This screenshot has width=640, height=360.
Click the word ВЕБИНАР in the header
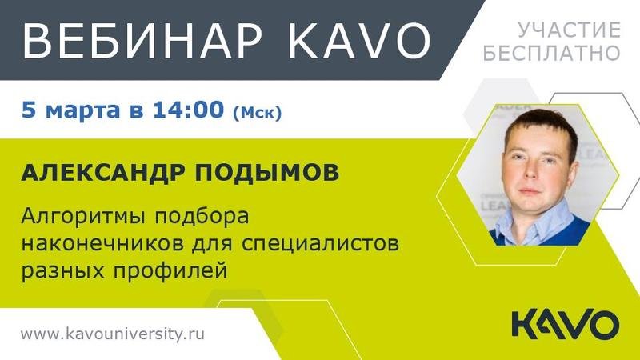[142, 40]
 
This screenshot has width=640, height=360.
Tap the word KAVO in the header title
[359, 40]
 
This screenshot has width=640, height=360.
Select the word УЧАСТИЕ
[570, 30]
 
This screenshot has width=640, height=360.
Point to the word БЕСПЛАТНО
[552, 53]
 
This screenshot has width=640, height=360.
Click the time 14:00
[189, 109]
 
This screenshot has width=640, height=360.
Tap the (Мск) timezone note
[257, 112]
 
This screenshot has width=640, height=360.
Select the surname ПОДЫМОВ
[266, 172]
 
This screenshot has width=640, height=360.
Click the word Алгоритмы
[83, 217]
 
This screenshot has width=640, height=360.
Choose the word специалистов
[320, 244]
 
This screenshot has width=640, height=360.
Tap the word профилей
[170, 270]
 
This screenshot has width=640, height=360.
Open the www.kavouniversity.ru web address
[113, 334]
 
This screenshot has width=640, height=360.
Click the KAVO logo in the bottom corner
[566, 325]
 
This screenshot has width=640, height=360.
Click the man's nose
[530, 170]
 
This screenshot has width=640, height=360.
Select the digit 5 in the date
[29, 110]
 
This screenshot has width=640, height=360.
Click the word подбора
[202, 217]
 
